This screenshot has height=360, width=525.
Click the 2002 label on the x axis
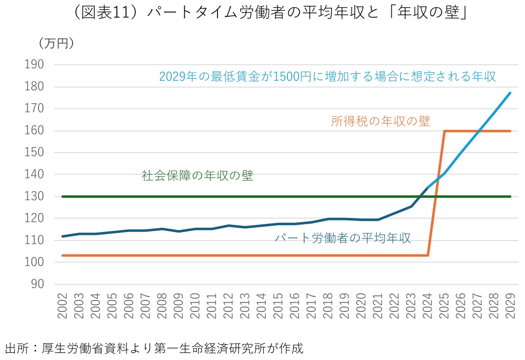point(63,305)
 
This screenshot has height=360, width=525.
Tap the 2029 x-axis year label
point(510,305)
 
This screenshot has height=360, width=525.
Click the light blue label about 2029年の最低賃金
point(328,77)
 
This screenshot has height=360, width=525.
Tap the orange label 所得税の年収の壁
point(380,121)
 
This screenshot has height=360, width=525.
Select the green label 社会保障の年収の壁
point(197,176)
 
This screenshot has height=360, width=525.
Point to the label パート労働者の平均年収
point(343,238)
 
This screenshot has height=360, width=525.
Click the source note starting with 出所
point(154,348)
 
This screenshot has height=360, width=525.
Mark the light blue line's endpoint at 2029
point(510,93)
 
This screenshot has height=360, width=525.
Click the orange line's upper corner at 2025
point(444,131)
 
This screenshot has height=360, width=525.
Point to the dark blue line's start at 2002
point(63,236)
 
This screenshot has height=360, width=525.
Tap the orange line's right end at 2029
point(510,131)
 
